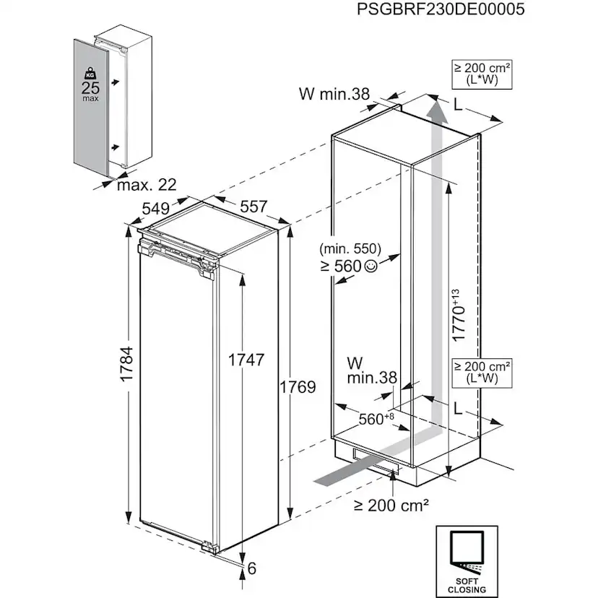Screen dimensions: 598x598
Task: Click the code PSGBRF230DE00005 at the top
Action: [441, 9]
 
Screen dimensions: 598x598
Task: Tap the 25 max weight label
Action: [91, 92]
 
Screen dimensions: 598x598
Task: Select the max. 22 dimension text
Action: [147, 186]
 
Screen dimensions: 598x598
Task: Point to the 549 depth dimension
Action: [155, 208]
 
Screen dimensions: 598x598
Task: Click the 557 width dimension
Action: [253, 207]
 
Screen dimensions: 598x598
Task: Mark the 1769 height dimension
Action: [298, 386]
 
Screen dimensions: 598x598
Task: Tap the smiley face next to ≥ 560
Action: [371, 266]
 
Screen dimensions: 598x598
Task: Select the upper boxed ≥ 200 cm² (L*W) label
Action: [482, 74]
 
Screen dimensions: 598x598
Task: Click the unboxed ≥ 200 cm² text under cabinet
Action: [391, 505]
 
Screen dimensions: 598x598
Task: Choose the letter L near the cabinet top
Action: [458, 103]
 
